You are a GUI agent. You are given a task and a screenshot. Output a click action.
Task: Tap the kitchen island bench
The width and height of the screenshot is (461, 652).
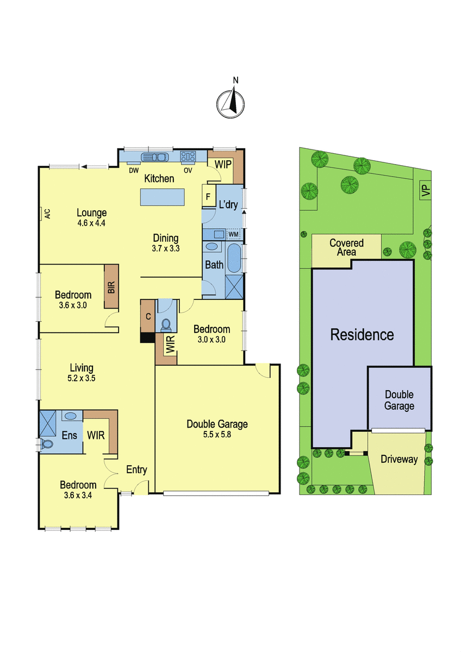click(x=162, y=197)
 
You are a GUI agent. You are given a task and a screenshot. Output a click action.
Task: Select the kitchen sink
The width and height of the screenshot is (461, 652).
click(x=154, y=157)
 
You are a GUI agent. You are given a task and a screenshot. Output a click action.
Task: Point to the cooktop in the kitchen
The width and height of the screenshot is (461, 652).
click(x=188, y=156)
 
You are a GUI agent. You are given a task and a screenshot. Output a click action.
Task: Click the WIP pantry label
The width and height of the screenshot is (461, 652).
click(x=223, y=165)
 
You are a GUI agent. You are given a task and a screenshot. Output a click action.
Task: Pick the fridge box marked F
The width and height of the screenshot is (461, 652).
click(x=208, y=197)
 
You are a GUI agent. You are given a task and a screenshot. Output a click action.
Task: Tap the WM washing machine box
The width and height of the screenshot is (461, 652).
click(x=233, y=234)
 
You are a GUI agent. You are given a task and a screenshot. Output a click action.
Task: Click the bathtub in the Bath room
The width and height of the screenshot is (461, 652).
click(x=234, y=258)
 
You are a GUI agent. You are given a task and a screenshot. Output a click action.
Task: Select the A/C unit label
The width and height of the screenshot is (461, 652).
click(x=47, y=214)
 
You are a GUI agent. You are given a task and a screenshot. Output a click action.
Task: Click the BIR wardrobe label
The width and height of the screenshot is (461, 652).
click(x=111, y=287)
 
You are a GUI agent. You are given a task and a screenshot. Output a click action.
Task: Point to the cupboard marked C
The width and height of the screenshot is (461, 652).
click(x=148, y=316)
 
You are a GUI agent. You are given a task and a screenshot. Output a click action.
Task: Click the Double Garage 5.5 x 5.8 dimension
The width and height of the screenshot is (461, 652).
click(x=217, y=435)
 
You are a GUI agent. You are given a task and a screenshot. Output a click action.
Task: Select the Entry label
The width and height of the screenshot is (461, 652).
click(x=136, y=469)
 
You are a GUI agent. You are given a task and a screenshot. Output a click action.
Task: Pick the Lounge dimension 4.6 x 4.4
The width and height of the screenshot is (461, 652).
click(x=91, y=223)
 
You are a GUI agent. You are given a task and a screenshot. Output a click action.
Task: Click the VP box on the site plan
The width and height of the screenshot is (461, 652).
click(x=426, y=190)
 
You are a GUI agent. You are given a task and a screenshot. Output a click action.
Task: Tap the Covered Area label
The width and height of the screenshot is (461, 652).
click(x=346, y=247)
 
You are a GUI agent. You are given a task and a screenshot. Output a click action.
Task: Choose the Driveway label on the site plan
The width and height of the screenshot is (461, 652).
click(x=399, y=459)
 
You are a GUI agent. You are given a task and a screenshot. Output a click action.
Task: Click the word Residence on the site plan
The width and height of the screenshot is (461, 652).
click(x=362, y=335)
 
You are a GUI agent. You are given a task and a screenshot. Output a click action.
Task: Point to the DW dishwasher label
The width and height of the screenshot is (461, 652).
click(x=134, y=171)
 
